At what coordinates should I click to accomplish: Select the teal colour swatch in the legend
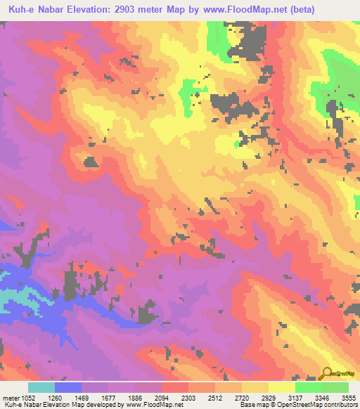tap(41, 387)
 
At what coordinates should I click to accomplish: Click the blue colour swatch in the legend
tap(68, 387)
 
